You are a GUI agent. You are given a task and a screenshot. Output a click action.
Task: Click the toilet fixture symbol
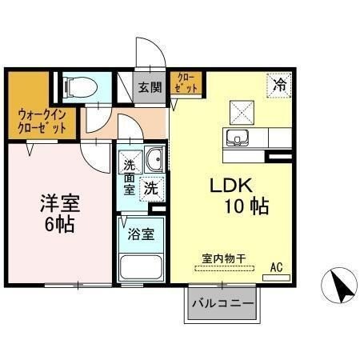[x=80, y=86]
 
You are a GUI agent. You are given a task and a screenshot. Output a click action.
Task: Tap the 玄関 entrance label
[x=150, y=87]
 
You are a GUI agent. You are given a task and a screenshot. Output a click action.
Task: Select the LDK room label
[x=231, y=186]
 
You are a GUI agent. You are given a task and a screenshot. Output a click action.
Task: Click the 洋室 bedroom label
[x=60, y=203]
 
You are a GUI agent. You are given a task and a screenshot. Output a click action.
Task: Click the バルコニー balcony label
[x=222, y=303]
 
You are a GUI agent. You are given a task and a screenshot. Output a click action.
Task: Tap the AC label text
[x=276, y=267]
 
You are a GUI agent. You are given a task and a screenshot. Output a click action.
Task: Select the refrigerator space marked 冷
[x=279, y=86]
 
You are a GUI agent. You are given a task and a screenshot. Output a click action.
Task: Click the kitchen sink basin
[x=237, y=138]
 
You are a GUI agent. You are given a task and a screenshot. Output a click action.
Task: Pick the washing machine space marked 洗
[x=151, y=189]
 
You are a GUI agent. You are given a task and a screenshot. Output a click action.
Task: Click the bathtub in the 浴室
[x=141, y=267]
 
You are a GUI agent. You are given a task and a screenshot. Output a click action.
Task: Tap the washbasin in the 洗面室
[x=154, y=159]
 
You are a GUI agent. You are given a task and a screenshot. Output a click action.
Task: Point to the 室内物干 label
[x=223, y=258]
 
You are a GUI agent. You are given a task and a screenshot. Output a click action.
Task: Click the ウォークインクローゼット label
[x=42, y=122]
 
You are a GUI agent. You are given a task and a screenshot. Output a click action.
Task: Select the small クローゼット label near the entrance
[x=187, y=83]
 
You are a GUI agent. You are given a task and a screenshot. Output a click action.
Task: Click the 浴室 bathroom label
[x=141, y=234]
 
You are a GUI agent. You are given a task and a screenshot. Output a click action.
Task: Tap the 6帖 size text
[x=59, y=224]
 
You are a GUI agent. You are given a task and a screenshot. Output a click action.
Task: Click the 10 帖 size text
[x=246, y=206]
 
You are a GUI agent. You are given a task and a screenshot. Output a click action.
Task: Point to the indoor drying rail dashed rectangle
[x=224, y=269]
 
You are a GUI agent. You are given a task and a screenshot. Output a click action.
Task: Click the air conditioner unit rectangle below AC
[x=276, y=278]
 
